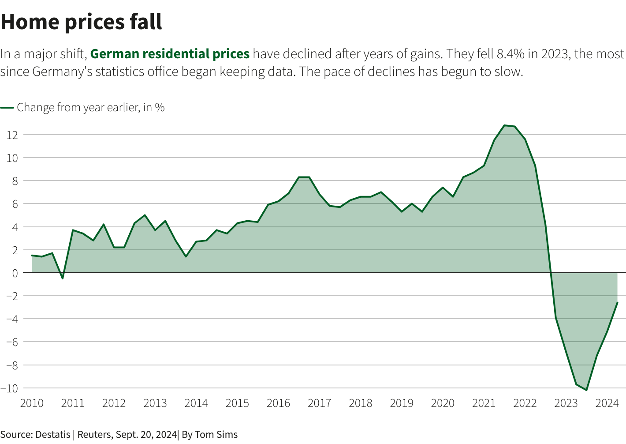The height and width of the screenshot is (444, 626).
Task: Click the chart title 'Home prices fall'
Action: [82, 22]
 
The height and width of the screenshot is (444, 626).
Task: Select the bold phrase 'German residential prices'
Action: [170, 54]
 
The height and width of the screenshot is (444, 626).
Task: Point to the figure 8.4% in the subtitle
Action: [510, 54]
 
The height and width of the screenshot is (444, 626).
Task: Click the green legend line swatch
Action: [7, 107]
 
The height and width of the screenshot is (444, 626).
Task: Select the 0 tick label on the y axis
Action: [15, 273]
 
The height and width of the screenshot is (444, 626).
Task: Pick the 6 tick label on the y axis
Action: [15, 204]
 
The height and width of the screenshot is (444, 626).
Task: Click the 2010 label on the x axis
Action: [32, 403]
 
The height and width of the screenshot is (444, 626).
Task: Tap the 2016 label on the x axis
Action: [278, 403]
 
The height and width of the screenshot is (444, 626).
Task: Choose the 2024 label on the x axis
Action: [607, 403]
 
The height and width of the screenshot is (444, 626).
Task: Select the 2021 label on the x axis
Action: [484, 403]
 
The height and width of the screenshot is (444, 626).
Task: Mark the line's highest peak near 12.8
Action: [504, 125]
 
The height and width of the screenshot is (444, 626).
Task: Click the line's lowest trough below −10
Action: [586, 390]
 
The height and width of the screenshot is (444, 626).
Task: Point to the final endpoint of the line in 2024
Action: [617, 303]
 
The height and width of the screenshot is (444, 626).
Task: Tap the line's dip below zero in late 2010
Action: [63, 278]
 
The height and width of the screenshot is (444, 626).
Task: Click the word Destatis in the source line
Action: [52, 434]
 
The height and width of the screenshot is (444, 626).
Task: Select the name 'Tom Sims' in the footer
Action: [216, 434]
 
